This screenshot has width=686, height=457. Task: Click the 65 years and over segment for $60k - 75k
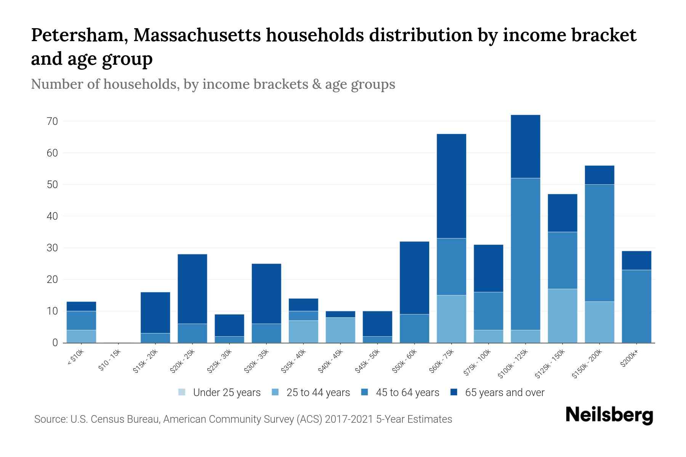(451, 186)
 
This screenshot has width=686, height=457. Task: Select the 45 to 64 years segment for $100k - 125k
(525, 254)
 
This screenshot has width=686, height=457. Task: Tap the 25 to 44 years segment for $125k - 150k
(562, 316)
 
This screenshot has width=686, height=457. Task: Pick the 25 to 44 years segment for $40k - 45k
(340, 330)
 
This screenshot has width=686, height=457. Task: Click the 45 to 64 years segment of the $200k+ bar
(636, 306)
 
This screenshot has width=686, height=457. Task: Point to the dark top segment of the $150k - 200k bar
(599, 175)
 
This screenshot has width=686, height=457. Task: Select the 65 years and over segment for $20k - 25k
(192, 289)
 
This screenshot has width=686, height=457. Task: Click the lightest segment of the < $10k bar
(81, 336)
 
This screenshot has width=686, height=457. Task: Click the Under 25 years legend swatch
(182, 392)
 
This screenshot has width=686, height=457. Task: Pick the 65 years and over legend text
(505, 393)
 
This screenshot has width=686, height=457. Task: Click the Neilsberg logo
(609, 415)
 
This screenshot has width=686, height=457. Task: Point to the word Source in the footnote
(50, 419)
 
